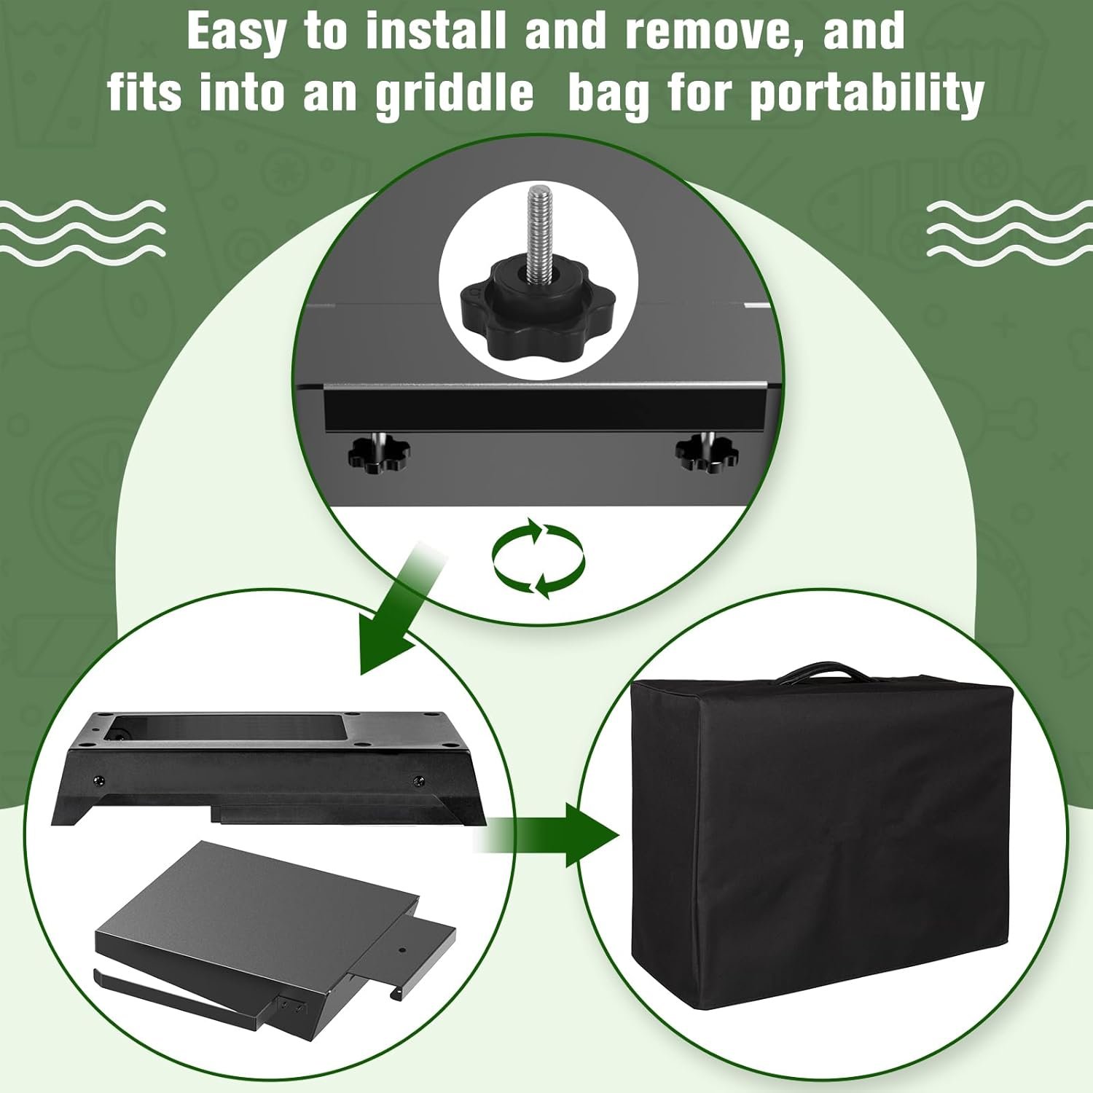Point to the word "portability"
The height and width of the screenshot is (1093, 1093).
(x=867, y=93)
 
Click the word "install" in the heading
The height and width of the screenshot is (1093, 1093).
(x=436, y=31)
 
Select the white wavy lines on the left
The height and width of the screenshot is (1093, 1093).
(x=82, y=232)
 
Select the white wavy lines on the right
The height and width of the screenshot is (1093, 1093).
(x=1009, y=232)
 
